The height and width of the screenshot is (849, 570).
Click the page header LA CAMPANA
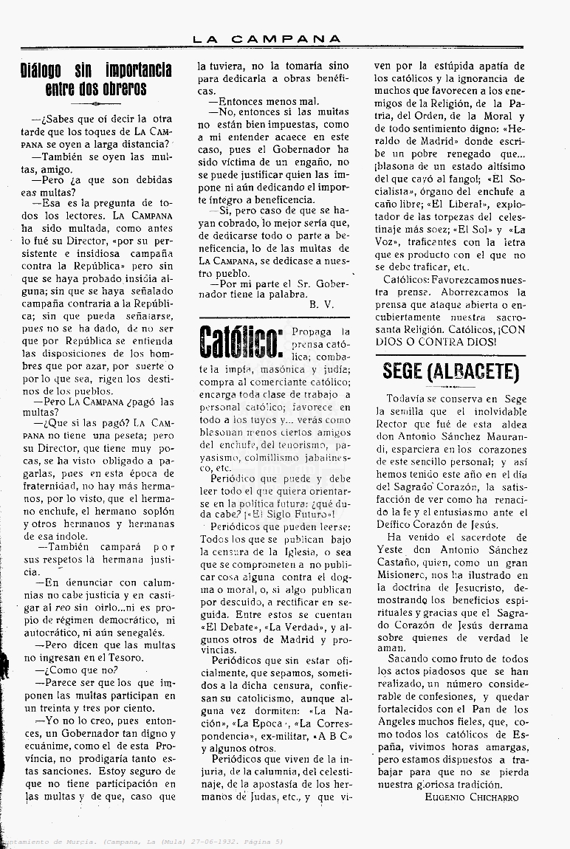coord(267,39)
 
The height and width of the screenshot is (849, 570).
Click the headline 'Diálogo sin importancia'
coord(96,71)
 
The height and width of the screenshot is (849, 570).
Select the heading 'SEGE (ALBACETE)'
coord(451,371)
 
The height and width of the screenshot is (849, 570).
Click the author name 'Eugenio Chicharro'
coord(472,797)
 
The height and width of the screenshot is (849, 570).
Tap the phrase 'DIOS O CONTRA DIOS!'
coord(435,342)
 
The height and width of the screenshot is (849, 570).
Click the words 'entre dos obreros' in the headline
coord(96,90)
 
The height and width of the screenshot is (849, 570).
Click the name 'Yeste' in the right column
coord(389,550)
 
